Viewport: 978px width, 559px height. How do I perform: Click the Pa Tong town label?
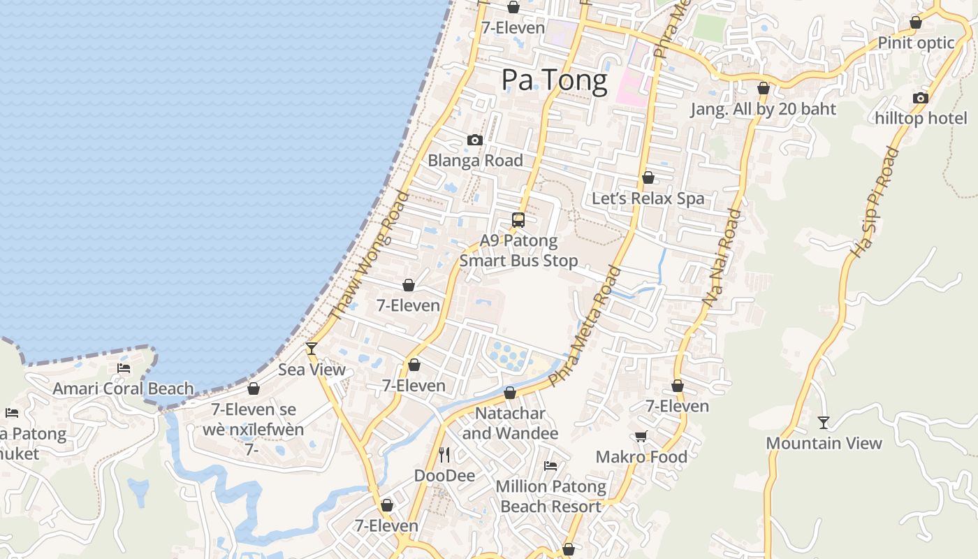click(555, 80)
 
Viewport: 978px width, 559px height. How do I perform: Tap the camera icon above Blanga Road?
click(475, 140)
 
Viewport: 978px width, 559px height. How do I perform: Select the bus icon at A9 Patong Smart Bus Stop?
click(518, 220)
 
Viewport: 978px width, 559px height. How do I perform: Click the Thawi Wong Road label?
click(368, 255)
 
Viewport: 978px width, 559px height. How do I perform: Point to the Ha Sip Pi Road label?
click(873, 203)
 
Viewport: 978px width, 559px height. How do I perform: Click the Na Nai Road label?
click(722, 258)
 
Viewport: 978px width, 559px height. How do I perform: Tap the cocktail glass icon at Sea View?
click(312, 348)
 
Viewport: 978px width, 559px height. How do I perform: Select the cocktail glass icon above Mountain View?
click(824, 423)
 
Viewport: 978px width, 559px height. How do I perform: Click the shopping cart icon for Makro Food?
click(641, 437)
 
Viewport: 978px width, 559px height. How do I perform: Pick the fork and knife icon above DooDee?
click(444, 455)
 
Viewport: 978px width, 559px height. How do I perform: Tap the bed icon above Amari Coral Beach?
click(124, 368)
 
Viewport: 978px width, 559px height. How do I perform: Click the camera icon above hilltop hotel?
click(921, 99)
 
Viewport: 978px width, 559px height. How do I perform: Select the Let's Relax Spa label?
click(648, 198)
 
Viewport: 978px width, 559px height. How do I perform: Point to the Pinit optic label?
click(916, 43)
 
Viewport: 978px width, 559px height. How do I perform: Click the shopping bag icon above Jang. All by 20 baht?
click(764, 89)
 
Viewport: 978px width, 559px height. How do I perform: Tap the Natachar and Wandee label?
click(510, 423)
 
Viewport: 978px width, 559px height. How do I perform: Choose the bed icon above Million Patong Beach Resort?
click(550, 466)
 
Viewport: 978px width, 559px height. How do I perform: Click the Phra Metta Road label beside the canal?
click(585, 326)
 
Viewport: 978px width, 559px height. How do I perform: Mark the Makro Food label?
click(641, 457)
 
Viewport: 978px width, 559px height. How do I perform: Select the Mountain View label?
click(824, 443)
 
